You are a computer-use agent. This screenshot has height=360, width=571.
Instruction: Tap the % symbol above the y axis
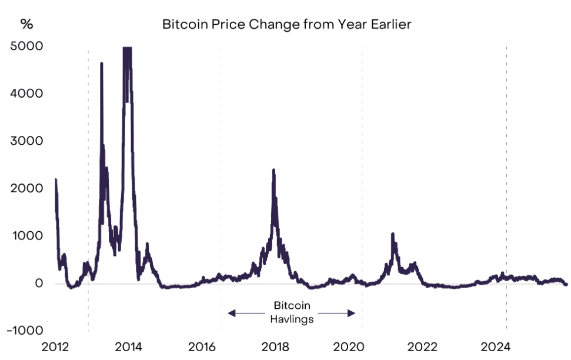(x=26, y=24)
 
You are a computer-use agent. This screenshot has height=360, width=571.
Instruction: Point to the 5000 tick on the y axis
(x=26, y=46)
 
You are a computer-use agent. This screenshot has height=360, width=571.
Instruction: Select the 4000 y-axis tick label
(x=26, y=94)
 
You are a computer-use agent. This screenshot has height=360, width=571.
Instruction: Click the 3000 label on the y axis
(x=26, y=141)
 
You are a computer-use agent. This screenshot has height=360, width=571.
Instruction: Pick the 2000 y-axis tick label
(x=26, y=188)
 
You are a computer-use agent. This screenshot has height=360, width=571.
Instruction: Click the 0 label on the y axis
(x=38, y=284)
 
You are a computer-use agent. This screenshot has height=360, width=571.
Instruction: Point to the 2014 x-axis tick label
(x=128, y=347)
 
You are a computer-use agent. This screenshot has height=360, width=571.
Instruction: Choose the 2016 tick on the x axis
(x=202, y=347)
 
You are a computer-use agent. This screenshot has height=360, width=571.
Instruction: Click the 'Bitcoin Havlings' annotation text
(x=292, y=313)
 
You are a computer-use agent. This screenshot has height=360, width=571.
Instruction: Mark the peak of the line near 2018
(x=273, y=170)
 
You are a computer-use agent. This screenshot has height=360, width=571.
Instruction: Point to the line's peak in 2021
(x=392, y=234)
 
